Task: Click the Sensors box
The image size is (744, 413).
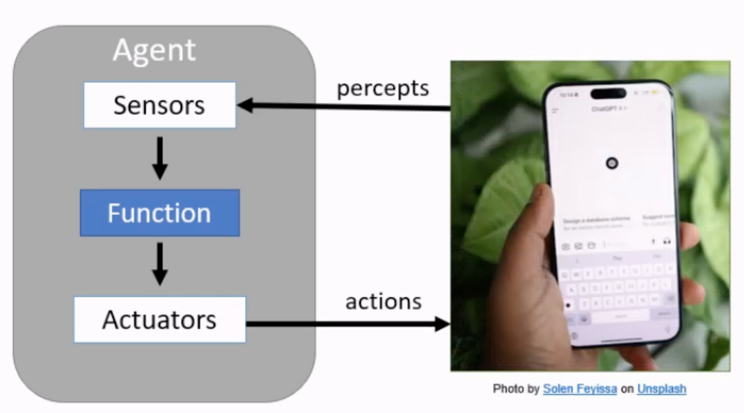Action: coord(160,105)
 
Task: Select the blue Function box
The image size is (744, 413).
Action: coord(160,213)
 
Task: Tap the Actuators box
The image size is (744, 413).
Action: coord(160,320)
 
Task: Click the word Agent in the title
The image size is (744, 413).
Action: coord(155,51)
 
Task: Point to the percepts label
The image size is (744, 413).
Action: coord(383,88)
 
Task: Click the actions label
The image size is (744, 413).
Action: coord(383,301)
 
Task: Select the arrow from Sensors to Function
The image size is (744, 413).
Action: coord(160,158)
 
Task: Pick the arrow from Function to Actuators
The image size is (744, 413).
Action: coord(160,263)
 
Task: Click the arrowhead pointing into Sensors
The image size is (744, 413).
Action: coord(245,106)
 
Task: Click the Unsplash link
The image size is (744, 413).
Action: coord(662,388)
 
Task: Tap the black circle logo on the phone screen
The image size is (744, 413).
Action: coord(612,164)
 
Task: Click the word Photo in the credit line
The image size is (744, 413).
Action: coord(504,388)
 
